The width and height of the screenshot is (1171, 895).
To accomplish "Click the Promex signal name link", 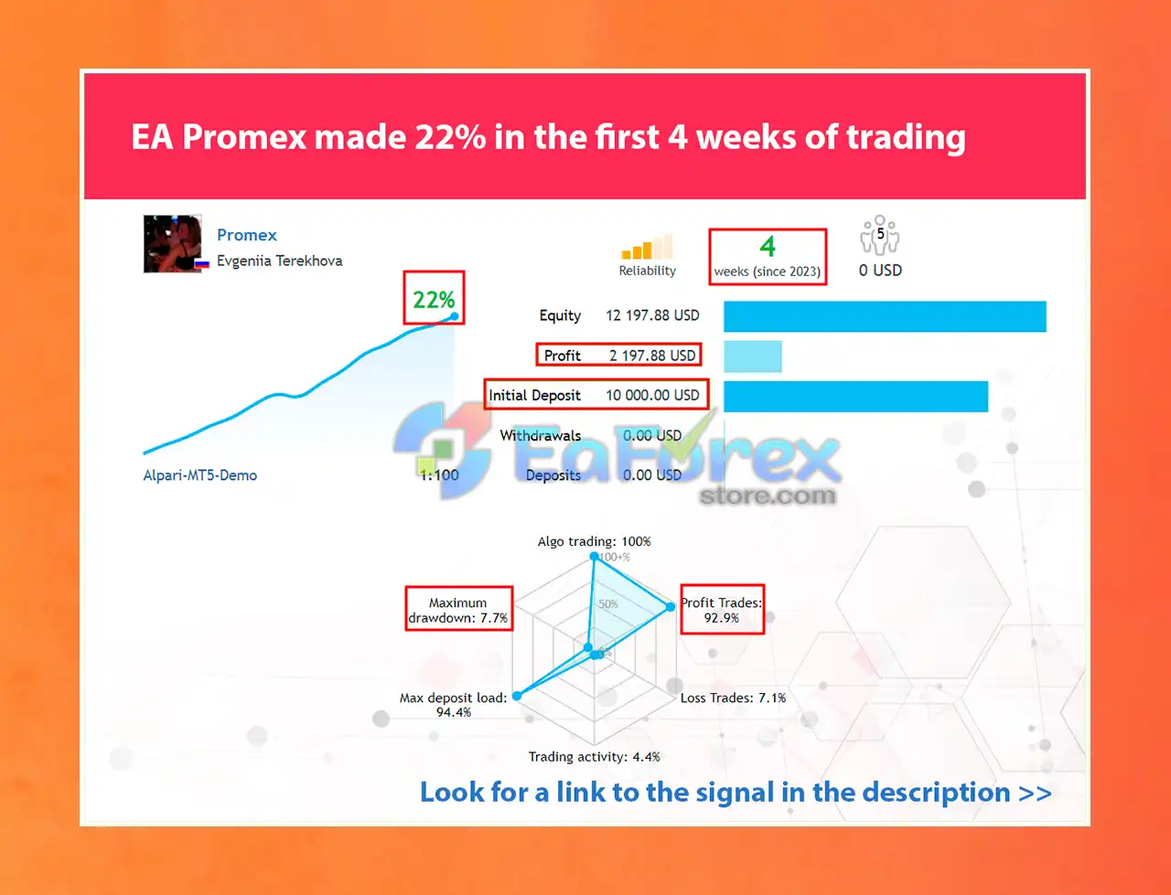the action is [246, 235].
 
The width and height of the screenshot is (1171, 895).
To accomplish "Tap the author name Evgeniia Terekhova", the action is [280, 261].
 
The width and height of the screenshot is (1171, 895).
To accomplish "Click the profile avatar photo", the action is [173, 243].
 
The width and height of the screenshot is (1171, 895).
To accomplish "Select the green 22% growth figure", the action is [434, 300].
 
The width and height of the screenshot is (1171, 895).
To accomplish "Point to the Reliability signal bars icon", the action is [647, 246].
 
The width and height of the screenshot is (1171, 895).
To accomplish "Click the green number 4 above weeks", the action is [768, 246].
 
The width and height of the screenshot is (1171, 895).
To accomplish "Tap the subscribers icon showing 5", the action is [880, 235].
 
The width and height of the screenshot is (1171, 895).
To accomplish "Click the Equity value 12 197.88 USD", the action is [652, 315].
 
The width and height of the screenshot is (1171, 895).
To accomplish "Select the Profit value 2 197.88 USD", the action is [652, 356].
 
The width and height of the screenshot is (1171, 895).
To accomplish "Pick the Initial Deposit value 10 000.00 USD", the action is [652, 395].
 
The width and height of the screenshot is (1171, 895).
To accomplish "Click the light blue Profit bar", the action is [753, 357].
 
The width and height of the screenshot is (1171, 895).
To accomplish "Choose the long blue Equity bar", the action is [885, 316].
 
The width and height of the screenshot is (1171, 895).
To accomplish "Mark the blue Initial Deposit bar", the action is [855, 396].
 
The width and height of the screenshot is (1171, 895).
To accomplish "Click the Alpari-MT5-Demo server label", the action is [200, 475].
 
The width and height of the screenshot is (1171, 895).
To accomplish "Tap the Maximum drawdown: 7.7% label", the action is [457, 610].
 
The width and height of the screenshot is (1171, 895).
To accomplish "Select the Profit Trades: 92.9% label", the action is [722, 610].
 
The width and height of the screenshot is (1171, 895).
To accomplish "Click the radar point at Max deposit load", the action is [516, 697].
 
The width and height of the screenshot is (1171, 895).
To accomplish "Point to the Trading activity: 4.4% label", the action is [595, 756].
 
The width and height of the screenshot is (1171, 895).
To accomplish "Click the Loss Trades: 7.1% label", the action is [733, 698].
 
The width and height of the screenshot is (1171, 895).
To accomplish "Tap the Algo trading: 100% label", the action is [595, 541].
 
